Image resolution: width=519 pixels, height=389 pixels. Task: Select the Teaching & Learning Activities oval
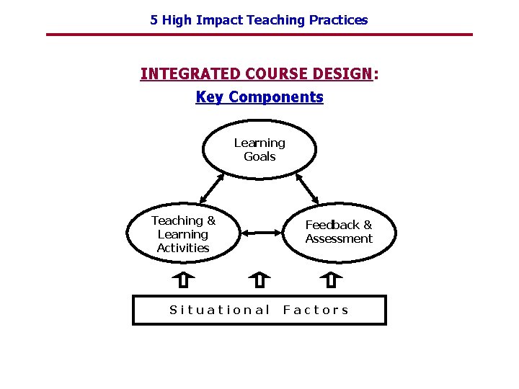(183, 234)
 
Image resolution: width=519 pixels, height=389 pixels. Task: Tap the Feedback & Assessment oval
(338, 232)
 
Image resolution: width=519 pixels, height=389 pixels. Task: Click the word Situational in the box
(219, 310)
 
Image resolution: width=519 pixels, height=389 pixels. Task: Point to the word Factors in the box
(316, 310)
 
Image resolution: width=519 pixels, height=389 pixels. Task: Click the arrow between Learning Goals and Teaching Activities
(211, 189)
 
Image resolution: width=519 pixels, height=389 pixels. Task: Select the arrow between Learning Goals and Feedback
(307, 189)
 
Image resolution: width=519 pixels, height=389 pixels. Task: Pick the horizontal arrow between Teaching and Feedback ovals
(260, 233)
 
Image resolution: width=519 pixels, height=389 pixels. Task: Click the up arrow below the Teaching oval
(183, 279)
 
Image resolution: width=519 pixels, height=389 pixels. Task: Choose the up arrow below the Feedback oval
(331, 279)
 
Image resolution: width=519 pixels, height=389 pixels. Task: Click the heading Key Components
(259, 97)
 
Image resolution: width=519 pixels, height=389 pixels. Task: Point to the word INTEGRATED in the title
(190, 74)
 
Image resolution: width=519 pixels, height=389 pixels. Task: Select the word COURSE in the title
(277, 74)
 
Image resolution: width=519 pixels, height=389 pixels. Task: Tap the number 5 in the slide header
(154, 20)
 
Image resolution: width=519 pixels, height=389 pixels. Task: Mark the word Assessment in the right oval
(339, 239)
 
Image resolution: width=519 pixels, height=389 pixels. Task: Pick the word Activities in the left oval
(183, 248)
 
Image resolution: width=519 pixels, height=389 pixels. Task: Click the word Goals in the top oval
(259, 156)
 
